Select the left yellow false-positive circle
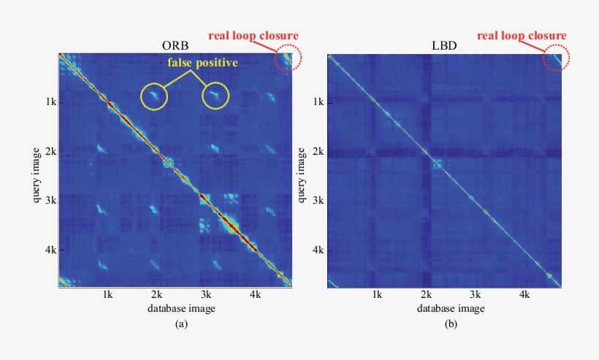pyautogui.click(x=154, y=96)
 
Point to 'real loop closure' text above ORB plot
pyautogui.click(x=253, y=35)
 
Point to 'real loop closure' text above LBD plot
pyautogui.click(x=522, y=35)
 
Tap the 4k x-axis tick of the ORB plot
pyautogui.click(x=255, y=296)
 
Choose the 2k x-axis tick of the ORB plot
pyautogui.click(x=156, y=296)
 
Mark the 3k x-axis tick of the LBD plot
pyautogui.click(x=475, y=296)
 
